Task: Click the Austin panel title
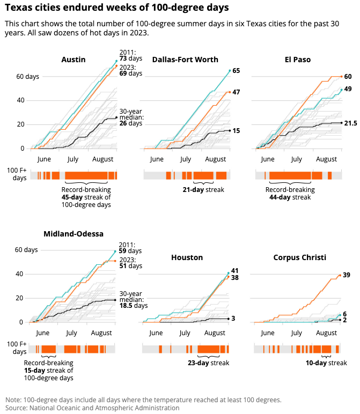click(74, 59)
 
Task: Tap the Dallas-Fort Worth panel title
click(185, 59)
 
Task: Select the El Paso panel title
click(298, 59)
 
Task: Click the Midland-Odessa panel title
click(74, 233)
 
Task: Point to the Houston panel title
click(187, 257)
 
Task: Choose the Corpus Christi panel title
click(299, 257)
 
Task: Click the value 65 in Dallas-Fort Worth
click(236, 71)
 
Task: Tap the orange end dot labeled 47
click(230, 92)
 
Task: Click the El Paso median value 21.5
click(350, 123)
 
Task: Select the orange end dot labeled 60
click(342, 77)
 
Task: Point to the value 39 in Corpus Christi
click(347, 275)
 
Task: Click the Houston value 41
click(234, 271)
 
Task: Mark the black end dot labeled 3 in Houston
click(229, 319)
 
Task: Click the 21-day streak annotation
click(203, 190)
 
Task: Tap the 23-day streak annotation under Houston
click(209, 363)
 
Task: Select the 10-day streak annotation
click(326, 363)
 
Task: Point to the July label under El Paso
click(296, 159)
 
